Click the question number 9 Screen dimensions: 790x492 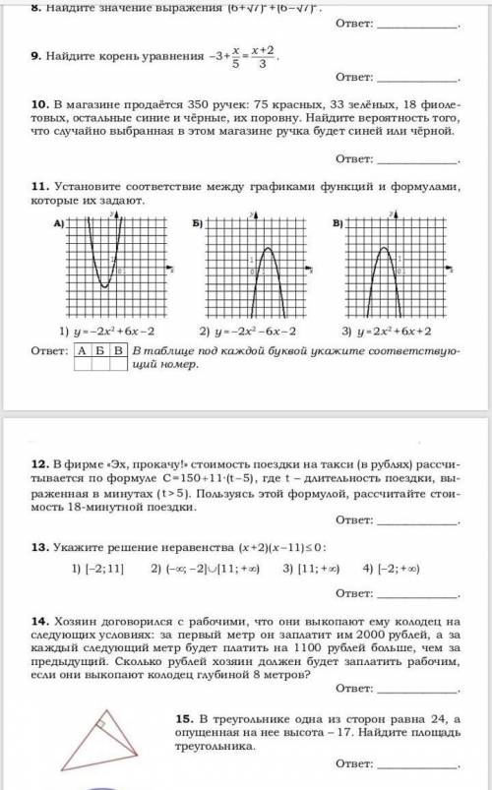[x=35, y=57]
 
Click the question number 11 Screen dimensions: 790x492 [x=38, y=184]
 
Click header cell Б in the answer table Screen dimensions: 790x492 [x=101, y=350]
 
